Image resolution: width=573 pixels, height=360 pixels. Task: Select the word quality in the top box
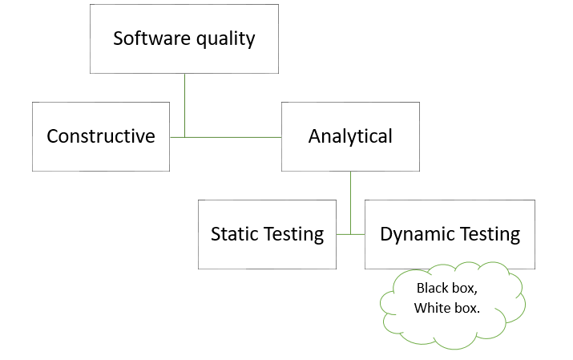point(225,39)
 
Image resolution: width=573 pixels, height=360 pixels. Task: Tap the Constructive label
point(101,136)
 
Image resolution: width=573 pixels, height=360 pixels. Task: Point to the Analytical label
point(350,136)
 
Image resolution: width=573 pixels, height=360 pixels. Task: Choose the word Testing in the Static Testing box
point(293,235)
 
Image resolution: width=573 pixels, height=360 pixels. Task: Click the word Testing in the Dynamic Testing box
point(490,235)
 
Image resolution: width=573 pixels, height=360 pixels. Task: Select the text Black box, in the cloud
point(447,289)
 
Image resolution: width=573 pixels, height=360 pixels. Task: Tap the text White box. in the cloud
point(447,308)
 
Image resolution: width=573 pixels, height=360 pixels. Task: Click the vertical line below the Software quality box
point(184,106)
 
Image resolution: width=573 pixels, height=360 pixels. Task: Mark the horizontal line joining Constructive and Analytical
point(225,137)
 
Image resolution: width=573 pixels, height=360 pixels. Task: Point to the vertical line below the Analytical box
point(350,203)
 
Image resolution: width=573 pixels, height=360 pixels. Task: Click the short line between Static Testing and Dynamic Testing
point(350,234)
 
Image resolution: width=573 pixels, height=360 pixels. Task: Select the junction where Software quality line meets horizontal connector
point(184,137)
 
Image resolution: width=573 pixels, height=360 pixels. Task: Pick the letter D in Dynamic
point(386,234)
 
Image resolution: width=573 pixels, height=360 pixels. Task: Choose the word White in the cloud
point(429,308)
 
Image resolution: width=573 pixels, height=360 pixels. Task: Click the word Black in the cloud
point(431,289)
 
